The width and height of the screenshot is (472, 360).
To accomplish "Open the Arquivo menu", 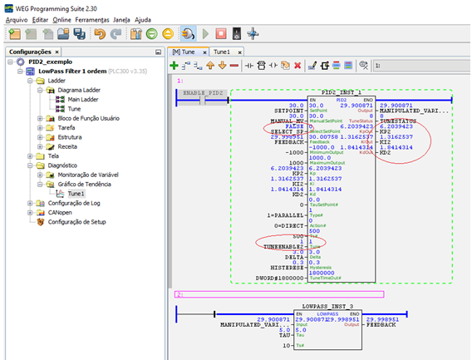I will pyautogui.click(x=17, y=17).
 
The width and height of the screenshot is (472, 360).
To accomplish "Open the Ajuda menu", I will pyautogui.click(x=165, y=17).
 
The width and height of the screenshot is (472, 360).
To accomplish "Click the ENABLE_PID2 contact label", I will pyautogui.click(x=204, y=92).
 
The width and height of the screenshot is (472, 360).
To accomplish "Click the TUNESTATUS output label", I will pyautogui.click(x=401, y=117).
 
